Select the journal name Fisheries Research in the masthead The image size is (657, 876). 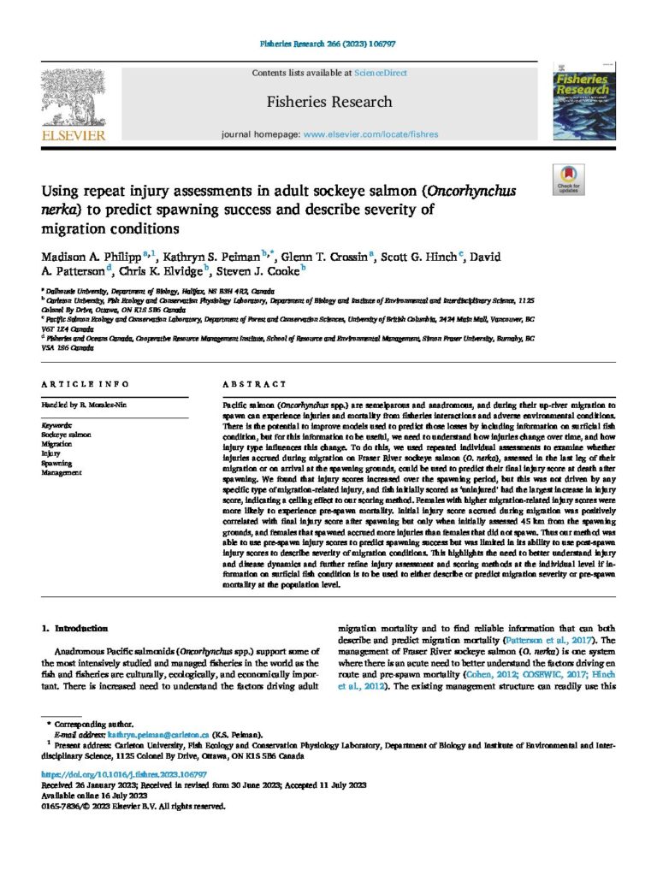pyautogui.click(x=328, y=102)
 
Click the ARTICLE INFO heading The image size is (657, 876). pyautogui.click(x=85, y=385)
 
